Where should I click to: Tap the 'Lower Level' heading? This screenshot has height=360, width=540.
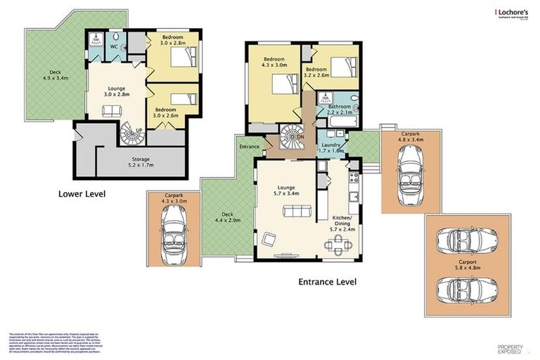point(82,193)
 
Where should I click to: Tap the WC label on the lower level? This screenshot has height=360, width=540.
point(113,46)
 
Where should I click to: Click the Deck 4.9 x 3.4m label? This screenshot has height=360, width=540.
point(51,74)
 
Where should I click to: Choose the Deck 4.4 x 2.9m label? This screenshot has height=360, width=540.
point(225,217)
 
